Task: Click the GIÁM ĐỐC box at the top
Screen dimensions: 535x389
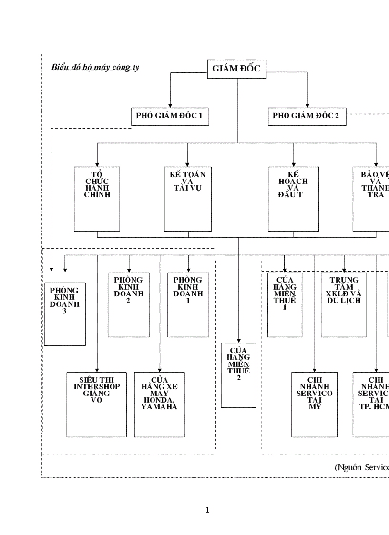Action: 237,69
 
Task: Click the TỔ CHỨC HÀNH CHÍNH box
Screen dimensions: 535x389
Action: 97,199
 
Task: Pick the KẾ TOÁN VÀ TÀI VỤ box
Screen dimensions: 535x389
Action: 188,199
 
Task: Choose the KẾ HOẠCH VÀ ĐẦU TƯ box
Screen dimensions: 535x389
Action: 293,199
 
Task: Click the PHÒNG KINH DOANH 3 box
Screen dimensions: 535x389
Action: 65,313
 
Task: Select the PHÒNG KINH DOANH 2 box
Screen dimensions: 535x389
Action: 129,304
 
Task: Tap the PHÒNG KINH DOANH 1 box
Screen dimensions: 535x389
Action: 188,304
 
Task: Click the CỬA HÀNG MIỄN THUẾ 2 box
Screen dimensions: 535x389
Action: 238,375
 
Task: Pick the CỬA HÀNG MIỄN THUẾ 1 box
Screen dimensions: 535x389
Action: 285,304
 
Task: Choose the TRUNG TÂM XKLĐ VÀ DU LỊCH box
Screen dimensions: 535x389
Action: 343,304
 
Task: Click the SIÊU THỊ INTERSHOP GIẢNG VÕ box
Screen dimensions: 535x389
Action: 97,404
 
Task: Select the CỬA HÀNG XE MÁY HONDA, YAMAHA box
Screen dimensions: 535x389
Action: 159,404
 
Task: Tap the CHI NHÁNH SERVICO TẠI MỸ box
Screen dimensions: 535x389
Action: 314,404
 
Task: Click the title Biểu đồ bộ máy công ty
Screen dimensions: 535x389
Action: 95,67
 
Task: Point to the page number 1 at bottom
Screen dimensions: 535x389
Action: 207,510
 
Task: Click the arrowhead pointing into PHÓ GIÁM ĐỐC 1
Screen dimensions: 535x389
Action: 170,105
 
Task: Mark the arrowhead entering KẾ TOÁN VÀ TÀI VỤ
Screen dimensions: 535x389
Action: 187,164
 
